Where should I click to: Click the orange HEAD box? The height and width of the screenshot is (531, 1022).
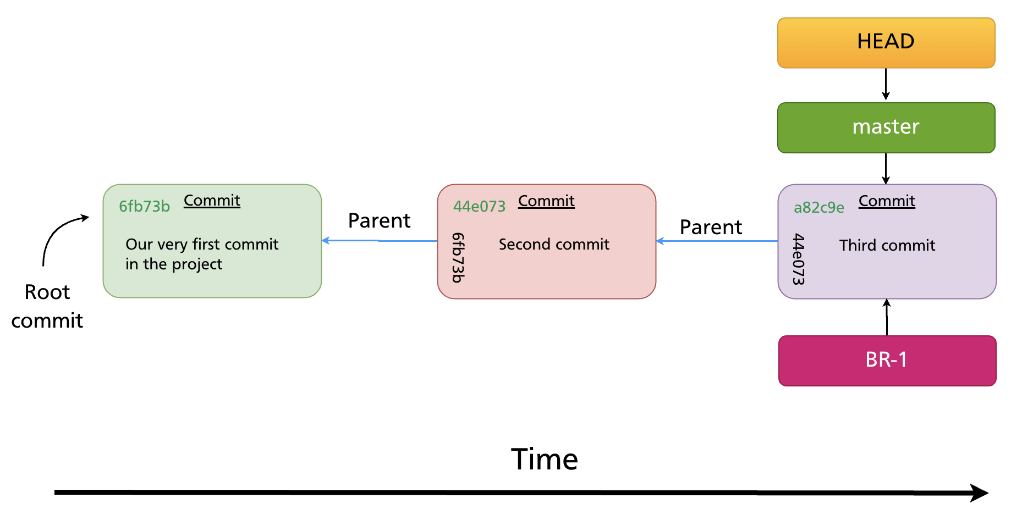886,43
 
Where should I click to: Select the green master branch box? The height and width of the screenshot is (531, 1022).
886,128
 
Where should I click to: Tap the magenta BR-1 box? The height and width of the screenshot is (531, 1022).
887,361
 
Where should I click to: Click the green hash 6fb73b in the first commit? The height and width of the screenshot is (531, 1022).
144,206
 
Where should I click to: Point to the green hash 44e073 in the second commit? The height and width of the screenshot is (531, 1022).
479,206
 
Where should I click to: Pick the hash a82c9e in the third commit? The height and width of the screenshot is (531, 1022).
818,207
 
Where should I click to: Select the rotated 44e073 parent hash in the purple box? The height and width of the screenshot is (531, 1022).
799,259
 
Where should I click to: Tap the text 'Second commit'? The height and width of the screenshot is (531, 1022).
554,244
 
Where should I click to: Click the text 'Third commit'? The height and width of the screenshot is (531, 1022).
887,245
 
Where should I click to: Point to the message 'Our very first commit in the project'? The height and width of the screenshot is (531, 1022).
201,254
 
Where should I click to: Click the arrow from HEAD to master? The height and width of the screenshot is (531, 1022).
886,85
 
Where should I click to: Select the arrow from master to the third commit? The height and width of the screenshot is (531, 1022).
886,168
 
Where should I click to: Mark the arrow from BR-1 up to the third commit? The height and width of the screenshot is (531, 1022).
887,317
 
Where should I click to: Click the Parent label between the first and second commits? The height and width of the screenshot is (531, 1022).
379,221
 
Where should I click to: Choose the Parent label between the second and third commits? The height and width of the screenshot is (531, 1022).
711,228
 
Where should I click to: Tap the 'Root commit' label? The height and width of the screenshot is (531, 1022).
47,306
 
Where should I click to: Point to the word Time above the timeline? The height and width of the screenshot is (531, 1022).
544,460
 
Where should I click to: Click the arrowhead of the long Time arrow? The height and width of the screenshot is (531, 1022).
979,493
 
